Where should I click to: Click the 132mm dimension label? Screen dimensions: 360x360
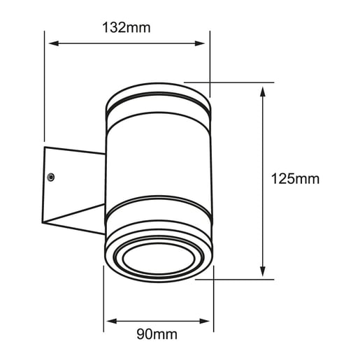[127, 28]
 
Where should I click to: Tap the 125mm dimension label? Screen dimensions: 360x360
[295, 179]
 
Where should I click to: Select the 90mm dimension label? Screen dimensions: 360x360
[157, 334]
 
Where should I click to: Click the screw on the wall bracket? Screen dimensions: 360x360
[51, 178]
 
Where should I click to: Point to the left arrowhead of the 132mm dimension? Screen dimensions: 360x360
[54, 43]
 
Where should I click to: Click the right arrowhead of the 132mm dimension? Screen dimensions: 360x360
[200, 43]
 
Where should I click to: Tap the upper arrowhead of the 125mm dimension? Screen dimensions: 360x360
[263, 92]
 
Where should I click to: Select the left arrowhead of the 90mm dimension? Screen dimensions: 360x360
[112, 322]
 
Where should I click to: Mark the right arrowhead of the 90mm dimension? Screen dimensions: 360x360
[205, 322]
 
